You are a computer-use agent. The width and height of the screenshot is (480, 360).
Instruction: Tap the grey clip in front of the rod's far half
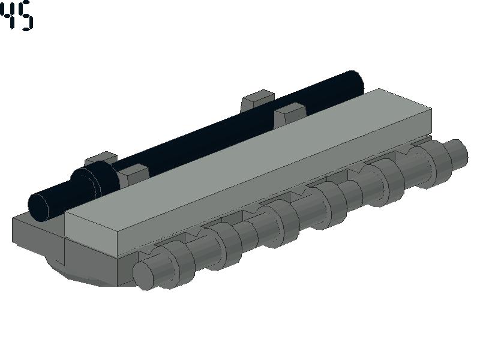(x=289, y=114)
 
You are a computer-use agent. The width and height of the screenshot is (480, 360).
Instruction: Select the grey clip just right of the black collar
(x=133, y=174)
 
